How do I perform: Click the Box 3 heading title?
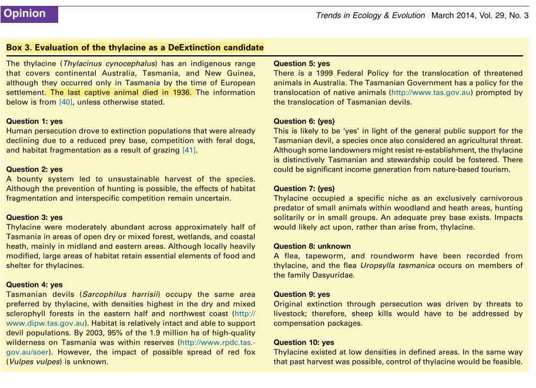(135, 48)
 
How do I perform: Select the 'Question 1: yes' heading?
(34, 121)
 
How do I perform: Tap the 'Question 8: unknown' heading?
(312, 246)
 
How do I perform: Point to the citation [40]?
(65, 102)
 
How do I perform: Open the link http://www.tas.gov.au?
(432, 93)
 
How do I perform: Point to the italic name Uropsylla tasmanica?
(398, 266)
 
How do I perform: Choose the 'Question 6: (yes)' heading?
(304, 121)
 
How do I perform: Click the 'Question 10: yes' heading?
(304, 342)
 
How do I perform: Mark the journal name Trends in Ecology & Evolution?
(370, 16)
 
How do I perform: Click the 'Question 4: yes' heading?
(34, 285)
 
